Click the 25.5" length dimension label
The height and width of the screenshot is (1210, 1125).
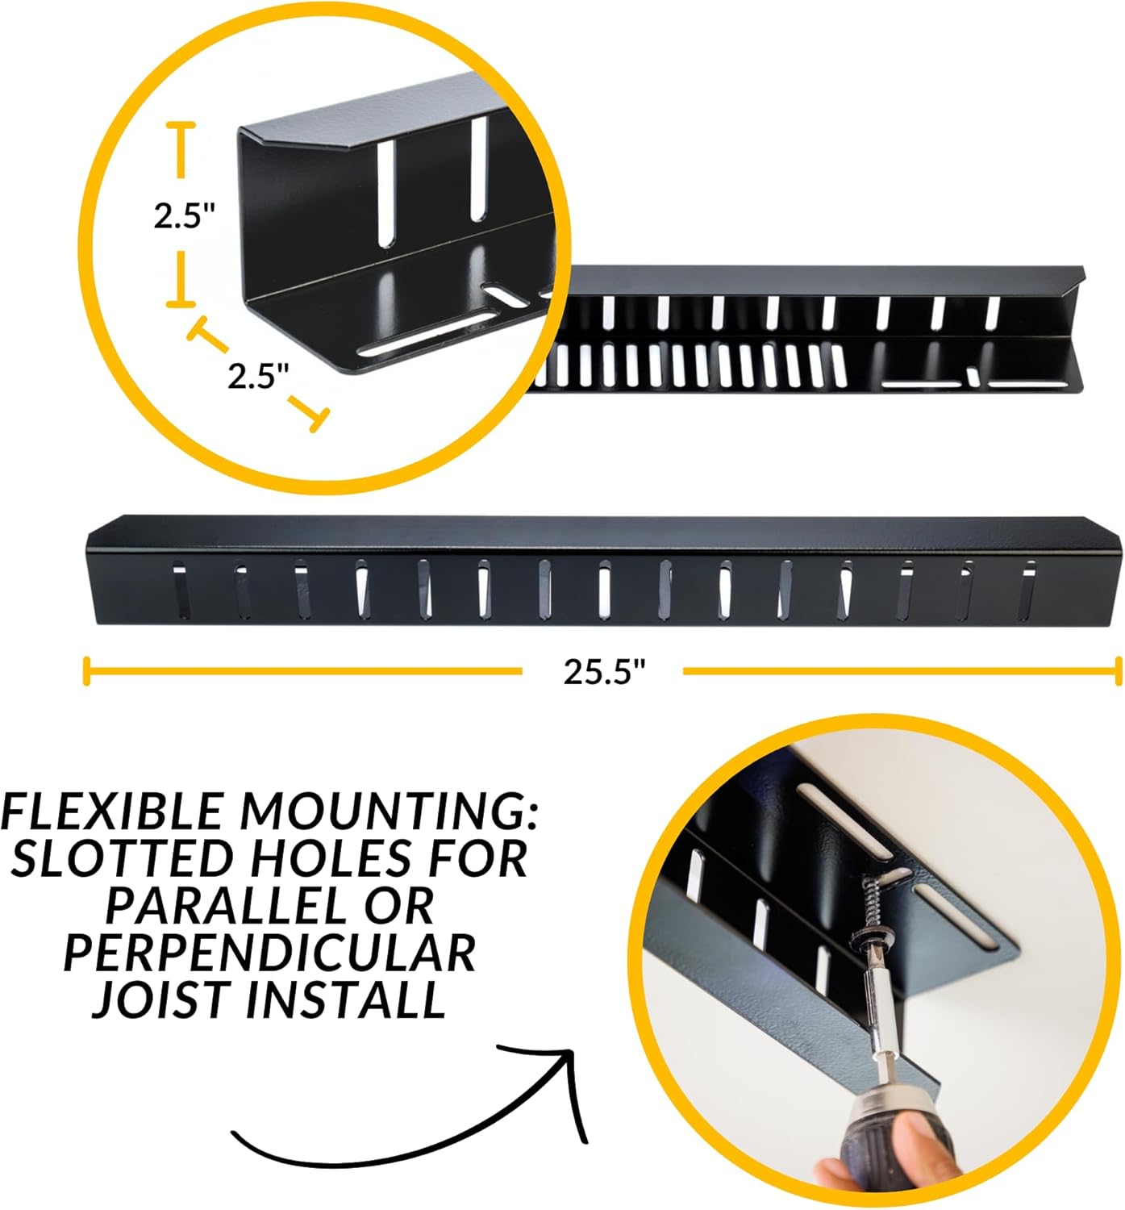604,671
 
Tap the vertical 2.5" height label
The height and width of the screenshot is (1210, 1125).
184,215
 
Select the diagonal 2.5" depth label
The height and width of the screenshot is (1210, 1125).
257,376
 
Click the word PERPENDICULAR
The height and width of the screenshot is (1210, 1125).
269,953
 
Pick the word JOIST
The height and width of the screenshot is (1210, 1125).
161,999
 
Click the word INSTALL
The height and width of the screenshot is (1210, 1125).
346,999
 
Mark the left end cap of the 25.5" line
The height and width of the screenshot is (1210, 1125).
86,671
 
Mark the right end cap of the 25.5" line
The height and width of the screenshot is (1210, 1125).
1118,671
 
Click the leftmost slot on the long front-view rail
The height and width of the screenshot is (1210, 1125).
180,593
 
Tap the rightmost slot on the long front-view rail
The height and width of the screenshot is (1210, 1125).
1027,593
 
